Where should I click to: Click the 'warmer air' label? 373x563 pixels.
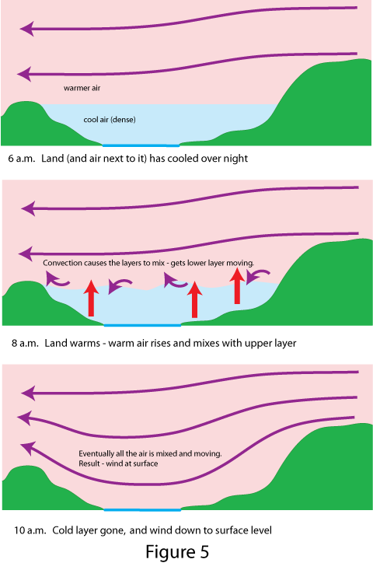82,88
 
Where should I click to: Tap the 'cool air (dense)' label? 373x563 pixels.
110,120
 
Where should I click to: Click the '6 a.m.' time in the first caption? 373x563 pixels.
22,159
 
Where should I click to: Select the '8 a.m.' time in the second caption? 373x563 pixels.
25,343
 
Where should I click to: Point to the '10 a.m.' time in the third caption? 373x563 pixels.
30,530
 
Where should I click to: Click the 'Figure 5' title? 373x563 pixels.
177,551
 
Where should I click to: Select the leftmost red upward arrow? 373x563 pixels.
91,298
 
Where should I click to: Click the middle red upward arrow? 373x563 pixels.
195,299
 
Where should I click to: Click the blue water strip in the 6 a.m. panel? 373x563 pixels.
141,145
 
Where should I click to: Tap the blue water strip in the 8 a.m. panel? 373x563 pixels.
142,325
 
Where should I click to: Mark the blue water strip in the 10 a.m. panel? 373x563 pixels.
142,509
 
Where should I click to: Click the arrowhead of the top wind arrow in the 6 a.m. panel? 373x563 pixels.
26,29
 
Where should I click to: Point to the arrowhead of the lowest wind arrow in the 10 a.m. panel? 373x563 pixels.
27,449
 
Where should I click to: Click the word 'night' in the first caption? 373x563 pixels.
236,159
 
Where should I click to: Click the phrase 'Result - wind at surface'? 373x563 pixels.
118,463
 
